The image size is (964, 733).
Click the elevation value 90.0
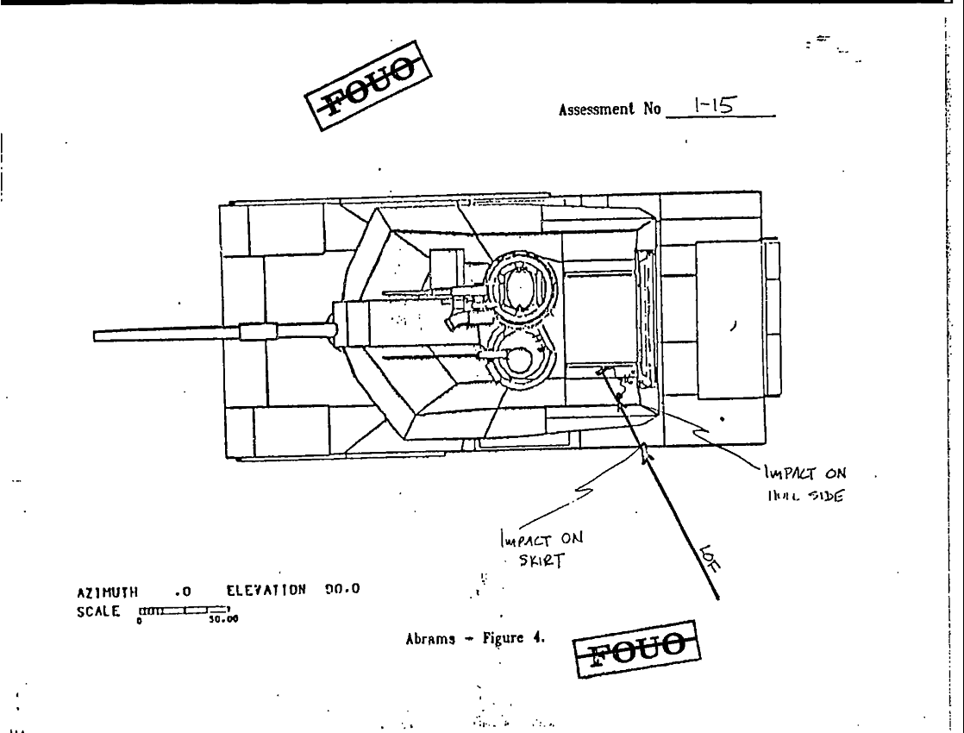(343, 591)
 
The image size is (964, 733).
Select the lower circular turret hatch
(518, 360)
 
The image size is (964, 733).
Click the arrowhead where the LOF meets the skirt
(645, 451)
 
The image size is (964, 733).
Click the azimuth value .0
(181, 592)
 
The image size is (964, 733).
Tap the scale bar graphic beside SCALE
(180, 610)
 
